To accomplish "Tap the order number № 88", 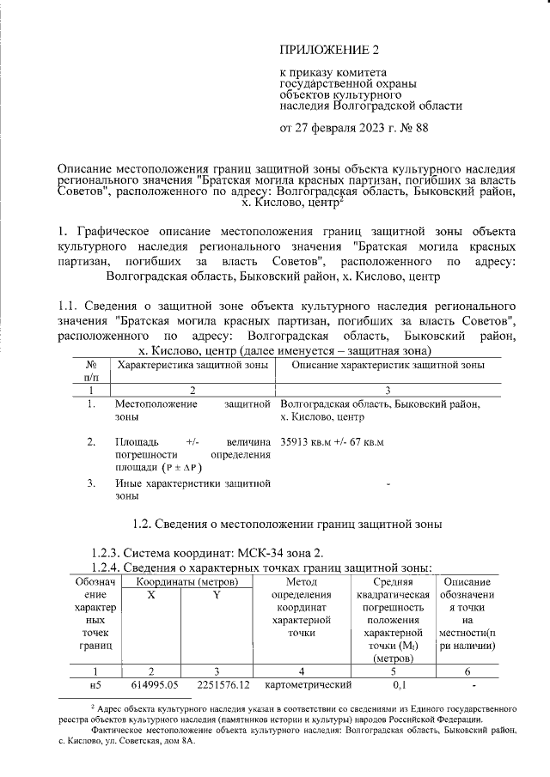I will [x=410, y=130].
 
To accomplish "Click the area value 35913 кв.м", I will [x=302, y=442].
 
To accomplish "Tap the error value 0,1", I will [x=400, y=685].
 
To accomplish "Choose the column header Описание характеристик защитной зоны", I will [x=388, y=365].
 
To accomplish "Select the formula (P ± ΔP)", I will [x=178, y=468].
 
